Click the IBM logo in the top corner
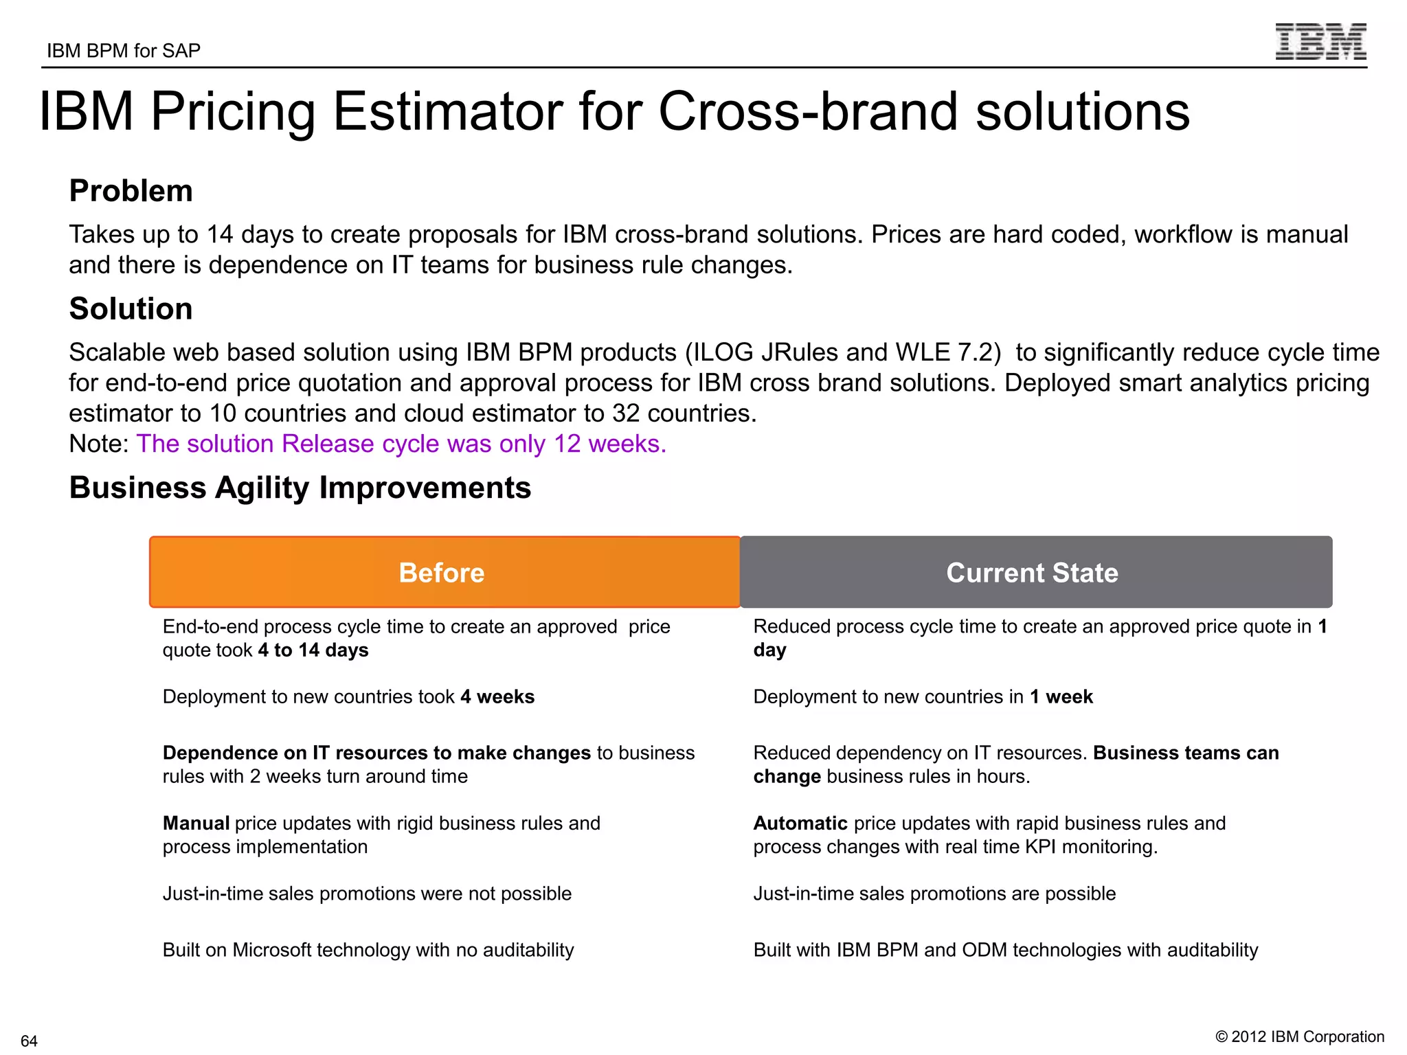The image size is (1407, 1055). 1320,42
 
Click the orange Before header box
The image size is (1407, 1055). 444,572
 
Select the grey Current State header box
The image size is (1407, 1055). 1035,572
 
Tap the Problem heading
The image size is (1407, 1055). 131,191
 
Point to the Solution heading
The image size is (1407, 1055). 131,309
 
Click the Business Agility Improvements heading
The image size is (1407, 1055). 300,488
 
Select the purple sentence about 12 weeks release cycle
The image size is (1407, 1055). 401,444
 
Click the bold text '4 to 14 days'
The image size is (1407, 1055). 313,650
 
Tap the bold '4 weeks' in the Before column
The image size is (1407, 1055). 497,697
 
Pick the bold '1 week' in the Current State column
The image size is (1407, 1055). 1061,697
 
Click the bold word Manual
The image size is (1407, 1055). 196,824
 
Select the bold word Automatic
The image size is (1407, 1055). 800,824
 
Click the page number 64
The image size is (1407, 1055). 29,1041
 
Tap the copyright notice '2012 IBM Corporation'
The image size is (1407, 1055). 1300,1036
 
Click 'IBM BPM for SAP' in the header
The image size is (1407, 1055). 124,51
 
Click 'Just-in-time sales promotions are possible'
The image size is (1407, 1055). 934,894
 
